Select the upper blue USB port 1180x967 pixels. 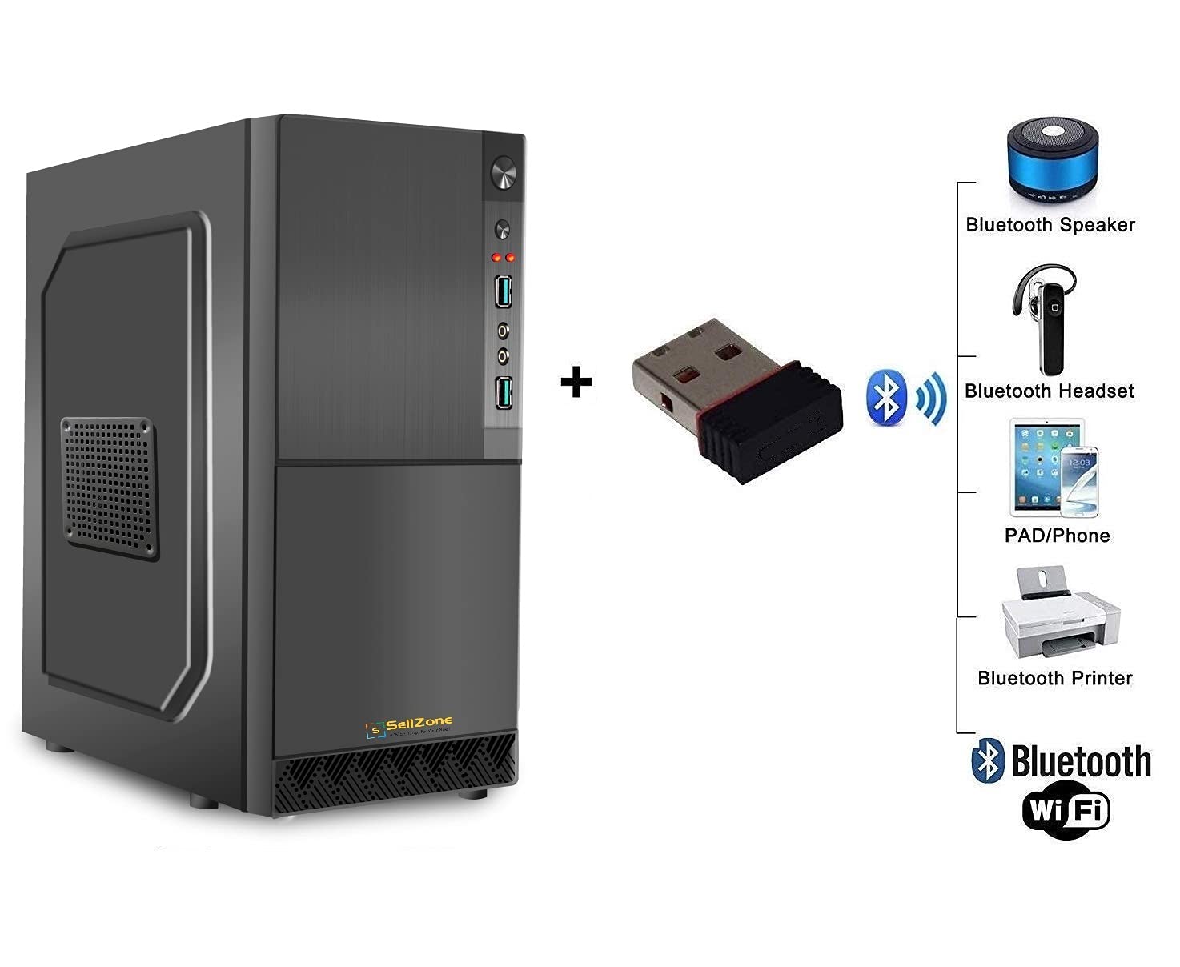click(x=503, y=291)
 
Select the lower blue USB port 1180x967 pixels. click(x=503, y=392)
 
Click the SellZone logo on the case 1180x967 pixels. click(x=409, y=727)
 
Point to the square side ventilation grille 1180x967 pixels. click(x=109, y=488)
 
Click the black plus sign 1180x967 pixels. click(x=576, y=383)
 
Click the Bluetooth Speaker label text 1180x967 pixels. click(x=1050, y=225)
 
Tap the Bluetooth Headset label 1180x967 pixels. click(x=1049, y=391)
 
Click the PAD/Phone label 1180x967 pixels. click(x=1057, y=536)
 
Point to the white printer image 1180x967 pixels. click(x=1060, y=613)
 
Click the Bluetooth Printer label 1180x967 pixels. click(x=1054, y=679)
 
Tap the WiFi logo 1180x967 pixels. click(x=1066, y=812)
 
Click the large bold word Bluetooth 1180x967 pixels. click(x=1081, y=761)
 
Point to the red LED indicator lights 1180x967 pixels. click(x=503, y=257)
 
